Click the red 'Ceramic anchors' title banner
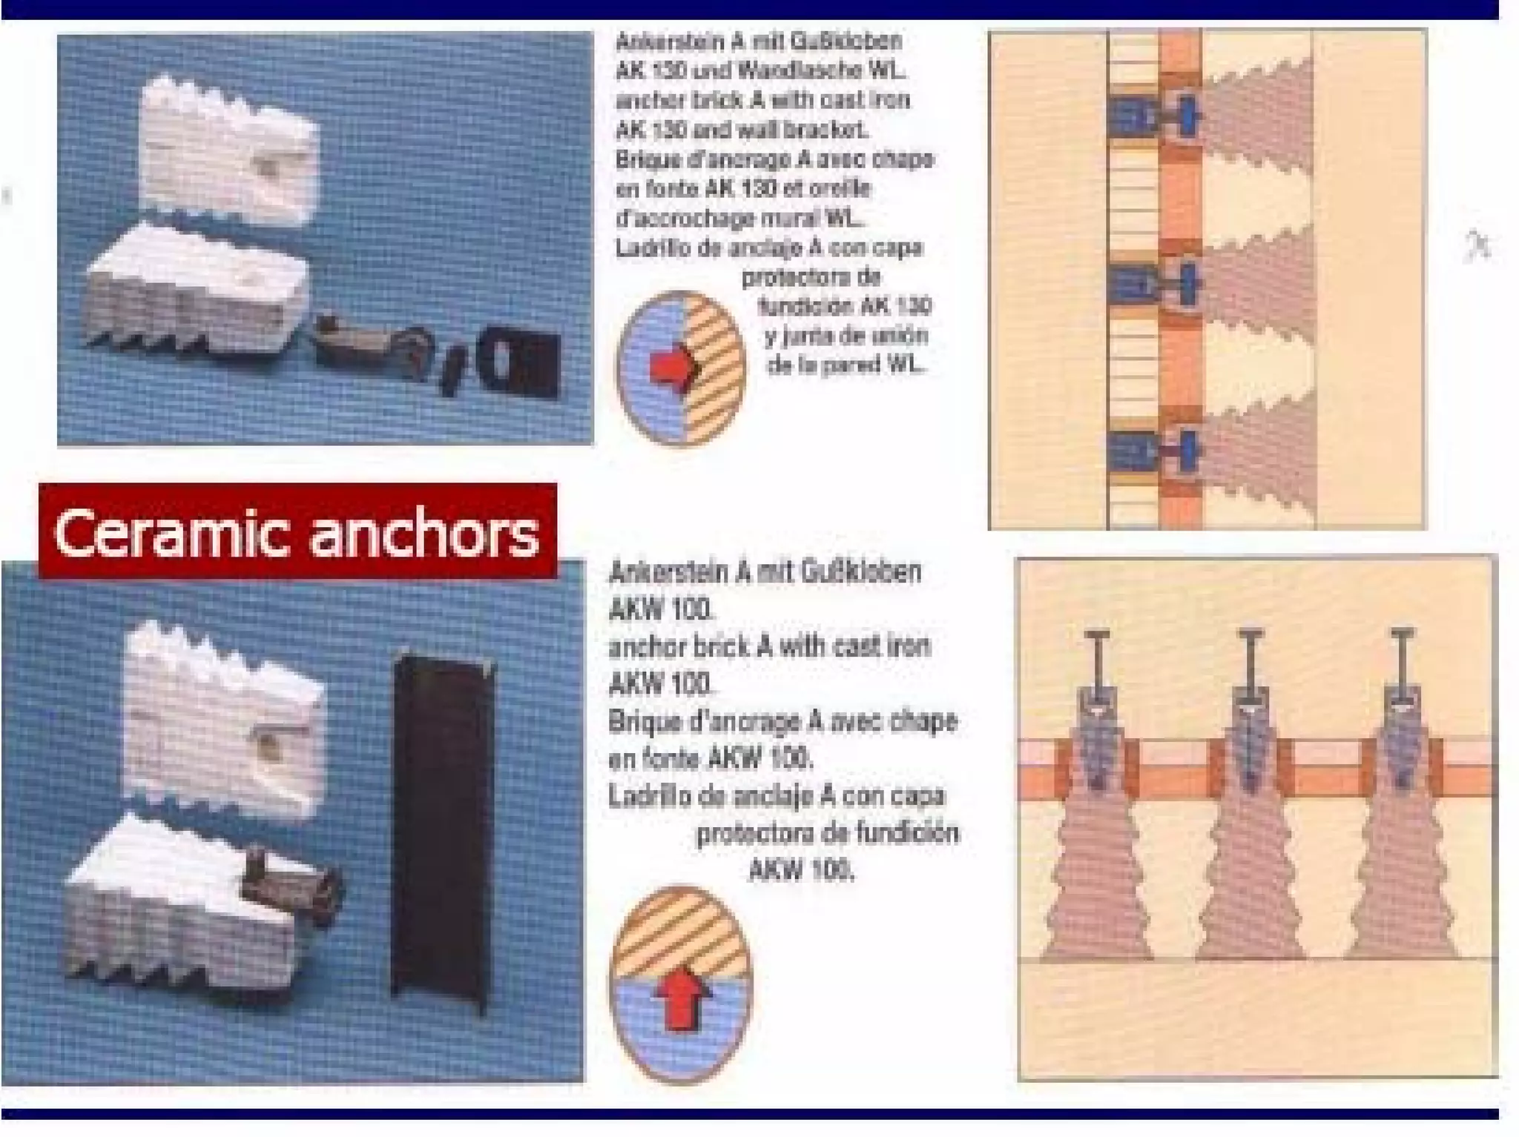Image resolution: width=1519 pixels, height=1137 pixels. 297,531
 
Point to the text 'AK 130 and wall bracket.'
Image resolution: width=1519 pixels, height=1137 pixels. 742,130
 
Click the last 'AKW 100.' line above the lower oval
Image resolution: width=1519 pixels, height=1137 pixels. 801,869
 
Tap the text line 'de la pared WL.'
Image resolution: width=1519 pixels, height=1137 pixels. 845,365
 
